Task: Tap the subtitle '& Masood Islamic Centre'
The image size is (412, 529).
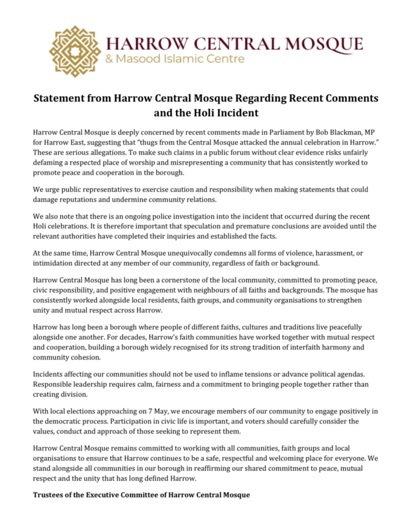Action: (175, 59)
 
